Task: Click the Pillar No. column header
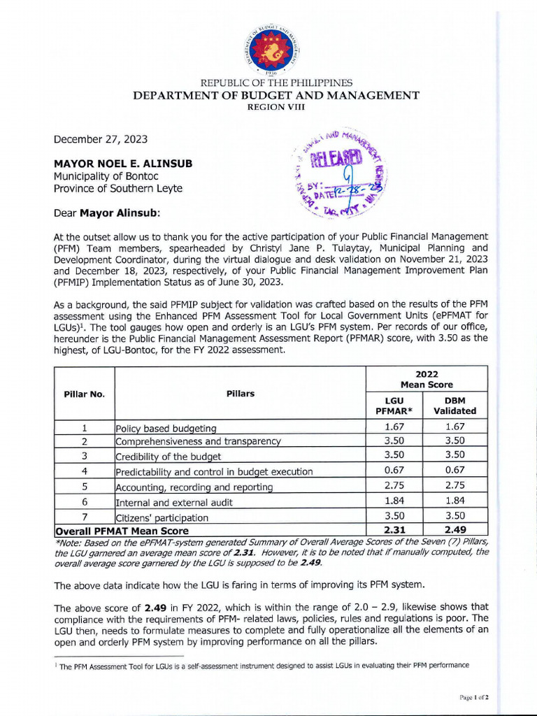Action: point(84,394)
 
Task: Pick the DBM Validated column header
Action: point(455,405)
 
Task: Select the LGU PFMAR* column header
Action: point(394,405)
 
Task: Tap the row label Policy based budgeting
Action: point(166,428)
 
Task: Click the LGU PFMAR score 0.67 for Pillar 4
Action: point(394,471)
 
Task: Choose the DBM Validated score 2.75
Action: point(455,486)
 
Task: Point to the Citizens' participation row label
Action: point(162,517)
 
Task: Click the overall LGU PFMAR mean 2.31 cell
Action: point(394,530)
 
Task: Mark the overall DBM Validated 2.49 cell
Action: point(455,530)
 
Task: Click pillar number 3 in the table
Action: point(84,456)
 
